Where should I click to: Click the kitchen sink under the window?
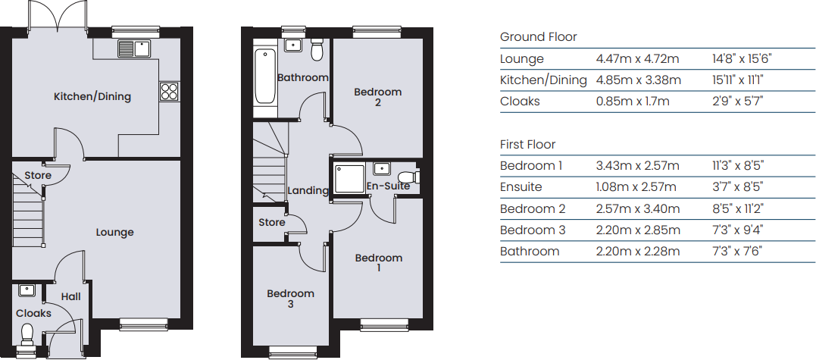[134, 49]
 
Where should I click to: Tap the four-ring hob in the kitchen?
[170, 92]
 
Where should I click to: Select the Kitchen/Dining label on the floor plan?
[92, 96]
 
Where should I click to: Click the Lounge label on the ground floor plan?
[114, 232]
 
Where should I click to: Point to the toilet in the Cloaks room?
[27, 334]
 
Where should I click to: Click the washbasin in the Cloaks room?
[27, 290]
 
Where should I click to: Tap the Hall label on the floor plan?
[70, 296]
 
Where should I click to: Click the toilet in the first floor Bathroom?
[317, 49]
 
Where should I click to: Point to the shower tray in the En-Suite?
[350, 177]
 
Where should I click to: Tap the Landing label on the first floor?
[308, 190]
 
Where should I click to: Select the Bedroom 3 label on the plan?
[290, 299]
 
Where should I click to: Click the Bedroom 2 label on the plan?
[378, 97]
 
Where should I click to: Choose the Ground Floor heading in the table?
[539, 37]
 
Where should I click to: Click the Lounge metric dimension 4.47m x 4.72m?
[637, 59]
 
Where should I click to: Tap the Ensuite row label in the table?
[521, 186]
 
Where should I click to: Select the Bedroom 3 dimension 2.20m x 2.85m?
[638, 230]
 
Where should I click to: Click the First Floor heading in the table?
[527, 144]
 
